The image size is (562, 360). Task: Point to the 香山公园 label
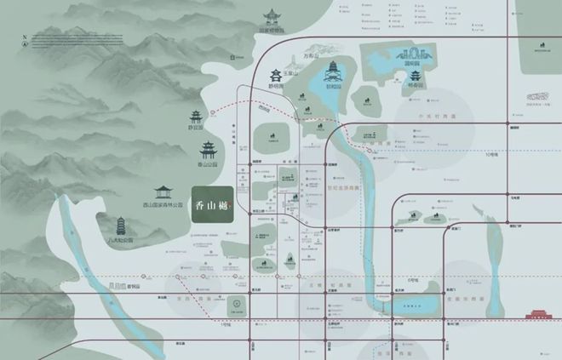[x=209, y=169]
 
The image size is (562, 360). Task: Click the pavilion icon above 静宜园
[x=196, y=117]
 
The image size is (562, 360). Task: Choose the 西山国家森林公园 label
[x=163, y=205]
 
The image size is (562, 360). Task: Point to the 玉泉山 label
[x=291, y=73]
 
